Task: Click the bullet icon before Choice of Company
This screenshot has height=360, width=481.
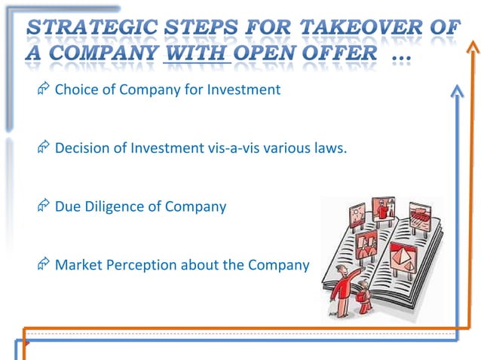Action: pyautogui.click(x=43, y=90)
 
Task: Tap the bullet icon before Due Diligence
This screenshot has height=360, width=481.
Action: pyautogui.click(x=43, y=206)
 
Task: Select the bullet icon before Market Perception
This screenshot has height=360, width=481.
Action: pyautogui.click(x=43, y=264)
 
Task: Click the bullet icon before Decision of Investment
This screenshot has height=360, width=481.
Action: pyautogui.click(x=43, y=148)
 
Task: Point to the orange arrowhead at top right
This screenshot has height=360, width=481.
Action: pyautogui.click(x=472, y=47)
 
